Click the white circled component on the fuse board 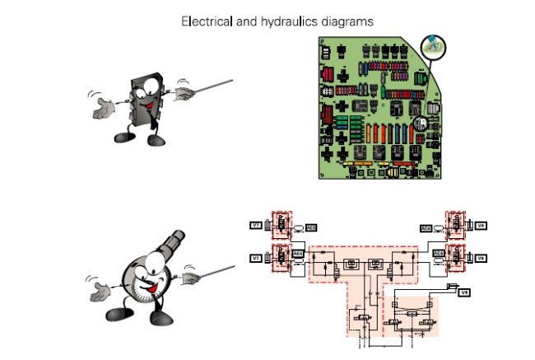(420, 124)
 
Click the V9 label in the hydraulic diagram (464, 292)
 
